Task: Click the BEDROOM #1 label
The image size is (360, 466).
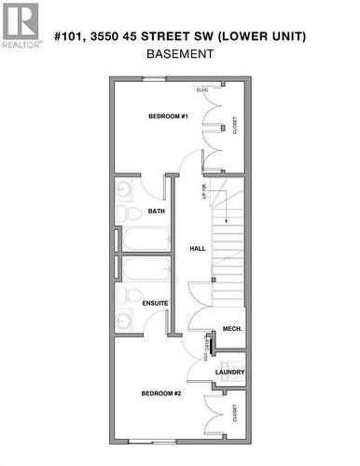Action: coord(169,116)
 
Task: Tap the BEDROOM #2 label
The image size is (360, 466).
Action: coord(160,393)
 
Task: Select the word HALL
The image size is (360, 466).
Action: coord(198,249)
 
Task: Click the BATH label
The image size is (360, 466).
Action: coord(156,212)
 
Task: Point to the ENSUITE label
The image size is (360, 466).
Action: coord(155,303)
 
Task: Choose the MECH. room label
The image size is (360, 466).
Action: coord(232,329)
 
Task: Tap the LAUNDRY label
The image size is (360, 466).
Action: coord(229,372)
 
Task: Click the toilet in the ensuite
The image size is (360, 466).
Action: coord(122,296)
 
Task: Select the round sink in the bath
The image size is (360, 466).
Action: coord(124,189)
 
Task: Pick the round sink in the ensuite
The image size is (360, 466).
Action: coord(124,321)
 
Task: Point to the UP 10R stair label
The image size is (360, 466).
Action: coord(203,193)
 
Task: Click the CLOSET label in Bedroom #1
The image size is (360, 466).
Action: coord(233,124)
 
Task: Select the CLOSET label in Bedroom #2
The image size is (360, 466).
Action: coord(233,415)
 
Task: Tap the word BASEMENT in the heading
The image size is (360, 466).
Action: coord(180,54)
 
